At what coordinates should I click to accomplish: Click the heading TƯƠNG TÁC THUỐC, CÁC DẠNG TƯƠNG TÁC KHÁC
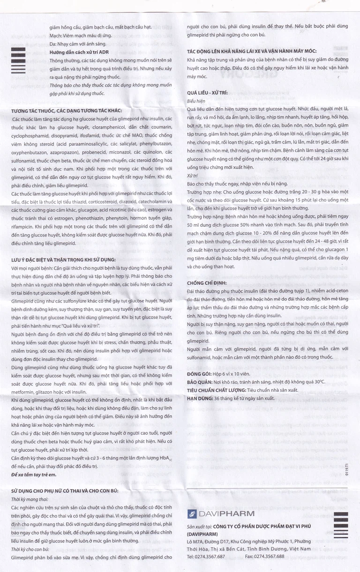(x=66, y=111)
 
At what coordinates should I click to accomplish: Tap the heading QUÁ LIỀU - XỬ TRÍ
(x=208, y=93)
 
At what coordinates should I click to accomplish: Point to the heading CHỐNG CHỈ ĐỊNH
(x=207, y=282)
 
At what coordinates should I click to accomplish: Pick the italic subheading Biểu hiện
(x=196, y=101)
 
